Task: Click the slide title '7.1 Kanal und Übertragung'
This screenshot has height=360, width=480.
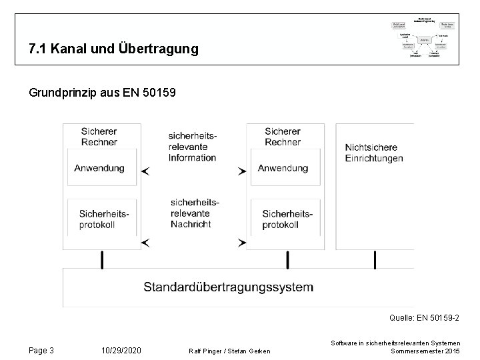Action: (113, 49)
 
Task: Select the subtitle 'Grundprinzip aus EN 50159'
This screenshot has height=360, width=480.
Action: (103, 93)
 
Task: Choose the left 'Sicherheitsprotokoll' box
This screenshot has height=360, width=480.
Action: (103, 219)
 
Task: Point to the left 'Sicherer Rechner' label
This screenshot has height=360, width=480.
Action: (99, 137)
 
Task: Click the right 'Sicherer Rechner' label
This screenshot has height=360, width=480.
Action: (283, 137)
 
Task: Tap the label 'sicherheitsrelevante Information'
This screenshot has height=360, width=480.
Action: (193, 147)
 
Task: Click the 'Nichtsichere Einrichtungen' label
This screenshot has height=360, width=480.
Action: (374, 153)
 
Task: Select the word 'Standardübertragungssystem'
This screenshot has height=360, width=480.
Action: (228, 287)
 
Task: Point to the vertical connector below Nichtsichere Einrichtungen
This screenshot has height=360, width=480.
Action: (375, 258)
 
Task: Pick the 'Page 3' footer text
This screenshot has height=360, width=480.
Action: (42, 351)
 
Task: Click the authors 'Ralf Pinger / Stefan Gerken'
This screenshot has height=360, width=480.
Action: (229, 351)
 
